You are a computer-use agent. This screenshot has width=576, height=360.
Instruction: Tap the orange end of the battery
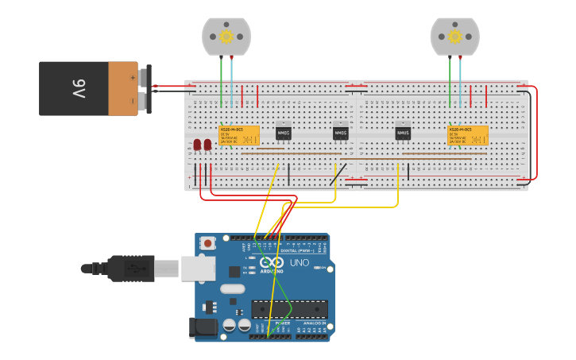[123, 88]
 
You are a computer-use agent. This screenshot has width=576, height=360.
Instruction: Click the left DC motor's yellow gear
[226, 36]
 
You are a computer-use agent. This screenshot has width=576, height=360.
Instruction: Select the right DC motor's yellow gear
[454, 36]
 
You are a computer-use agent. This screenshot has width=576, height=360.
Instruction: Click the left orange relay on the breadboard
[239, 135]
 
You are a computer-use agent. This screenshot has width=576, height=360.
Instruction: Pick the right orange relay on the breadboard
[468, 135]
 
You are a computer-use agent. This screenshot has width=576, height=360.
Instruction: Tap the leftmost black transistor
[284, 133]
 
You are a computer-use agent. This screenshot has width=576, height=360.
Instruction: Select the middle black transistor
[340, 133]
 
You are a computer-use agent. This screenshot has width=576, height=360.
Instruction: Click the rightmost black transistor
[403, 133]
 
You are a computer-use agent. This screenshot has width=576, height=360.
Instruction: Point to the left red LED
[197, 145]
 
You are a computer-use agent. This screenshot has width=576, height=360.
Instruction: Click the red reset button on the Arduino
[207, 242]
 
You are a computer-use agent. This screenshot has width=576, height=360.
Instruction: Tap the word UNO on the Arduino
[299, 263]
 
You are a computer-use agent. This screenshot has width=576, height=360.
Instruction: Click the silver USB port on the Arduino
[198, 268]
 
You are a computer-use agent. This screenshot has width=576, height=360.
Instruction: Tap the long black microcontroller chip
[289, 309]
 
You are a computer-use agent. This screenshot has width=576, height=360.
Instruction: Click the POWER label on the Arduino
[282, 324]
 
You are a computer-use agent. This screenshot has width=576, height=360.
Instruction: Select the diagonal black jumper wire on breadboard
[338, 174]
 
